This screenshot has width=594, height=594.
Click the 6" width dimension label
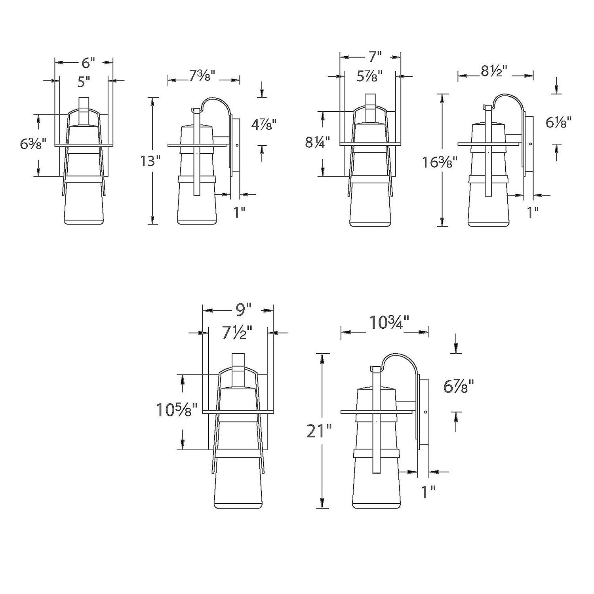pos(89,63)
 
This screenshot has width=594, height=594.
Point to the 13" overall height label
pos(150,161)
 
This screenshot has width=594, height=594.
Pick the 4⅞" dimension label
pos(264,125)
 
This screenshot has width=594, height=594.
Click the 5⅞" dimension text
pos(369,76)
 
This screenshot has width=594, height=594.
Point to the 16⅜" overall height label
pos(440,162)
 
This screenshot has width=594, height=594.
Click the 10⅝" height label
pos(177,410)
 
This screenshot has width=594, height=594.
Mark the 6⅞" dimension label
pos(459,386)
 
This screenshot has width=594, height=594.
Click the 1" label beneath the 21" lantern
pos(428,492)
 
